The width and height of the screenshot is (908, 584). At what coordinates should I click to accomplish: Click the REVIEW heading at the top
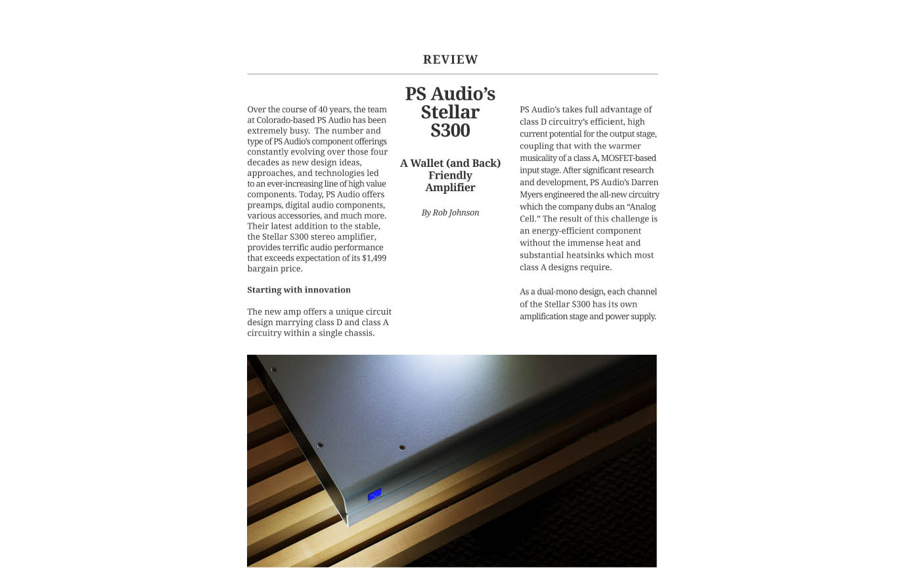pyautogui.click(x=450, y=60)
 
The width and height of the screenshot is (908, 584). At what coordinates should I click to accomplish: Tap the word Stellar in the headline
pyautogui.click(x=450, y=112)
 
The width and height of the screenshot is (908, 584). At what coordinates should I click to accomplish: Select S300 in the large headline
pyautogui.click(x=450, y=131)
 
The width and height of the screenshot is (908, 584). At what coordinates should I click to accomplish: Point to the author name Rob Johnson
pyautogui.click(x=456, y=213)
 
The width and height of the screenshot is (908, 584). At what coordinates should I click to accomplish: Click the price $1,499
pyautogui.click(x=374, y=258)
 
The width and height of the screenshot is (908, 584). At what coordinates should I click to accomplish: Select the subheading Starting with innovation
pyautogui.click(x=298, y=290)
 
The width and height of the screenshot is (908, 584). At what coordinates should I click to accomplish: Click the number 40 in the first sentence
pyautogui.click(x=323, y=110)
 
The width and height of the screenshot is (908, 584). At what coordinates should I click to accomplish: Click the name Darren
pyautogui.click(x=644, y=183)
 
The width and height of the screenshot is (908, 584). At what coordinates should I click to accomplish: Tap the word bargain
pyautogui.click(x=260, y=269)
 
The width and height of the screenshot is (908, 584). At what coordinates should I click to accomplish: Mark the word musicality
pyautogui.click(x=539, y=158)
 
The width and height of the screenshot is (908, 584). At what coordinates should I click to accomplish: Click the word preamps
pyautogui.click(x=263, y=205)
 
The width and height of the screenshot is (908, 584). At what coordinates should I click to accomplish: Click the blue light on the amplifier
pyautogui.click(x=375, y=495)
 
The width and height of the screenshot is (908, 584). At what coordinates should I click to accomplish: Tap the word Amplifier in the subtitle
pyautogui.click(x=450, y=188)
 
